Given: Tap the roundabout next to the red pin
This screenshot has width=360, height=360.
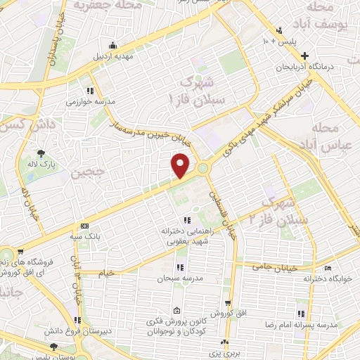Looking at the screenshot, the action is (203, 167).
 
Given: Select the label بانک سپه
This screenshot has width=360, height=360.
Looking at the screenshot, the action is (103, 236).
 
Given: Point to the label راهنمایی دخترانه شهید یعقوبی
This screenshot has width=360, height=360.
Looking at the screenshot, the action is (181, 236).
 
